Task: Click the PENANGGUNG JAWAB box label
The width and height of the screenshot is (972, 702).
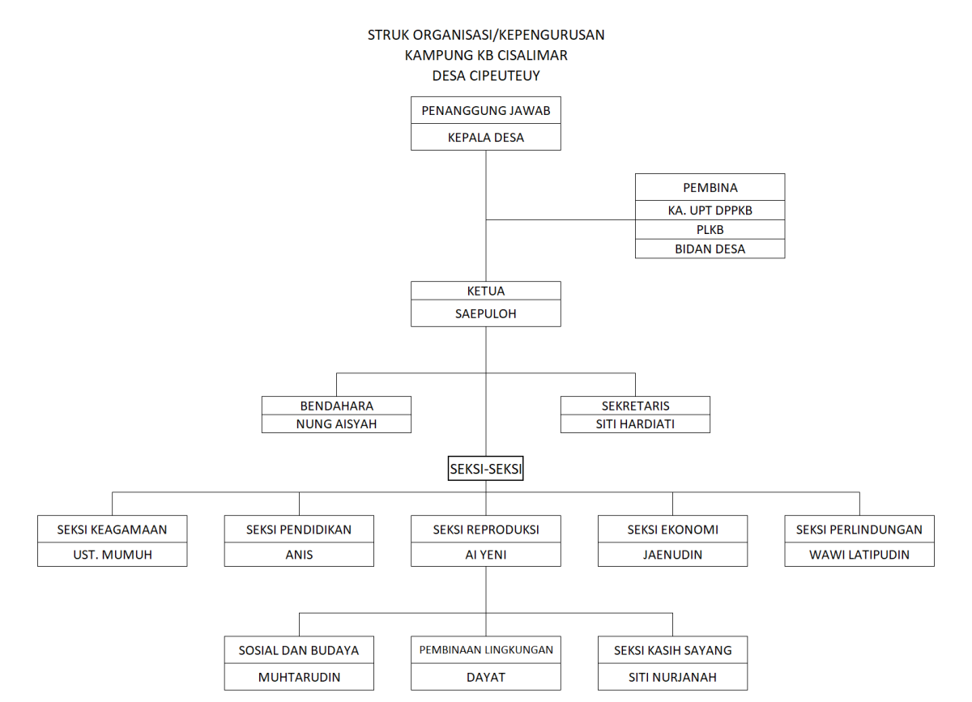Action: tap(485, 111)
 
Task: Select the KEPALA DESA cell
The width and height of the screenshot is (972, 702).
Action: tap(485, 138)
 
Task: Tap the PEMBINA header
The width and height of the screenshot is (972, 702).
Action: tap(710, 187)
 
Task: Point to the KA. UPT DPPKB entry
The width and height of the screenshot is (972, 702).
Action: tap(710, 211)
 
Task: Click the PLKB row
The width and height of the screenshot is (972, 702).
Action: tap(710, 229)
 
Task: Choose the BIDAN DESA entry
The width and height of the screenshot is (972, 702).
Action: tap(710, 249)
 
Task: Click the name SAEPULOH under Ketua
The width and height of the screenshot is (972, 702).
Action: tap(485, 313)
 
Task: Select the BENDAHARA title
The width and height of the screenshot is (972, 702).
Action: tap(337, 406)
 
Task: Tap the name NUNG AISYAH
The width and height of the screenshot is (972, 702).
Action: tap(336, 424)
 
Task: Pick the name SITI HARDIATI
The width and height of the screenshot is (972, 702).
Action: tap(635, 424)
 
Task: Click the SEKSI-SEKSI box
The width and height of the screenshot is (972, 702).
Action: tap(485, 469)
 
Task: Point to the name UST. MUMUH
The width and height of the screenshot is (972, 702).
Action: tap(113, 555)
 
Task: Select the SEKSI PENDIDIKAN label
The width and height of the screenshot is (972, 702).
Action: tap(299, 530)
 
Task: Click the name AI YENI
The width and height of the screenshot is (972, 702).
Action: tap(485, 555)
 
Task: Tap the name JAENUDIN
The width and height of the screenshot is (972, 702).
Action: tap(672, 555)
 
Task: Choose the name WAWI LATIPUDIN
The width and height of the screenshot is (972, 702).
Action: tap(859, 555)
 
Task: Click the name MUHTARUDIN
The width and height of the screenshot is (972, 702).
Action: tap(299, 677)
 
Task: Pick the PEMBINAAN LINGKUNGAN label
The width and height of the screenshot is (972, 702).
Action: tap(486, 649)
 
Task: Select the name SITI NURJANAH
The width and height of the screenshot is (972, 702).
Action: tap(672, 677)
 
